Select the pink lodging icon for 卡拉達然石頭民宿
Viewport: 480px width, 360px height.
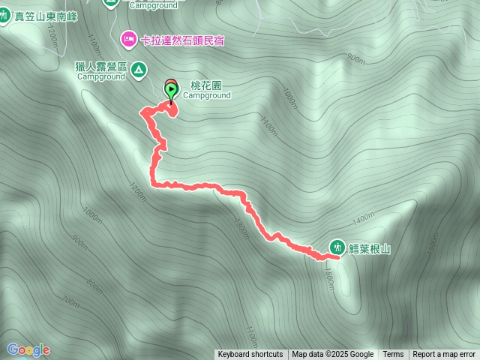click(128, 38)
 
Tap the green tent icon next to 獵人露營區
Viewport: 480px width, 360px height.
click(139, 70)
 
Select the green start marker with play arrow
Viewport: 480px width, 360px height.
click(171, 92)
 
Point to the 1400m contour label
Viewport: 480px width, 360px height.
click(362, 218)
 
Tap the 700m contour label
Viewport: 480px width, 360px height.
click(71, 301)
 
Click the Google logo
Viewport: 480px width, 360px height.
click(28, 349)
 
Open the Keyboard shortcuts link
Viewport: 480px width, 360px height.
click(250, 355)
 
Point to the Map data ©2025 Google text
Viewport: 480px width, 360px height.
click(332, 355)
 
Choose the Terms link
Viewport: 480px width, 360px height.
click(393, 355)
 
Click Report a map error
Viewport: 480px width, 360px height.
click(444, 355)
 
